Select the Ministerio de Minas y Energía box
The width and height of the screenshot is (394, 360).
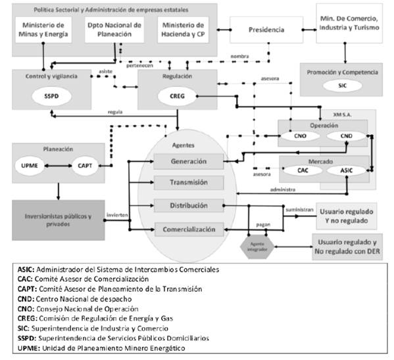(43, 30)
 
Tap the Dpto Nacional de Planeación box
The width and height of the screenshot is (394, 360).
(112, 30)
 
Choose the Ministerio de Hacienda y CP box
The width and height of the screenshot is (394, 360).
(186, 30)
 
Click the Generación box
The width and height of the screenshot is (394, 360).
(188, 161)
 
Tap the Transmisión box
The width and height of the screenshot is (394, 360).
(188, 183)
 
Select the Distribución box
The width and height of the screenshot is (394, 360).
(188, 206)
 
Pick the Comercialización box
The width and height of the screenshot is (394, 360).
(188, 230)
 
